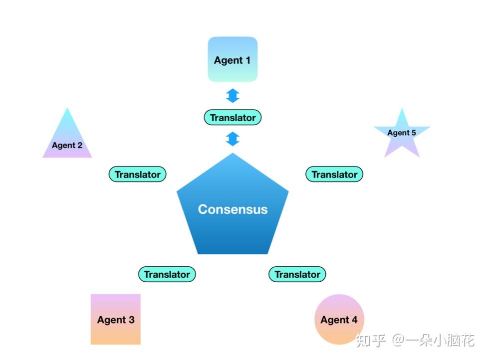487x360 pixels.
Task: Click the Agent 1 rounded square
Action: coord(233,59)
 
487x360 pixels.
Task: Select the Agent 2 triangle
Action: coord(67,140)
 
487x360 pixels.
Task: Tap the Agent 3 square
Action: coord(116,319)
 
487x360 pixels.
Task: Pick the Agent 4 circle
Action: coord(339,319)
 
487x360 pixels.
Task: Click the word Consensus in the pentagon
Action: coord(233,209)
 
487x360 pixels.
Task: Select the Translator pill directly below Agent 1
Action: coord(233,118)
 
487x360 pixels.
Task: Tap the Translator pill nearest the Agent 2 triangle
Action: coord(137,175)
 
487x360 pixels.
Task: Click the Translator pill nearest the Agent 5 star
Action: coord(334,175)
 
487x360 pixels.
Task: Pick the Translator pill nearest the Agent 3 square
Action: coord(167,274)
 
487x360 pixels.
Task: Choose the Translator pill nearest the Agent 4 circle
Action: coord(297,274)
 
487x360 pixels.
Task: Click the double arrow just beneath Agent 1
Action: coord(233,95)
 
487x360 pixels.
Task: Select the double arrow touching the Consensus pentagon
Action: coord(233,139)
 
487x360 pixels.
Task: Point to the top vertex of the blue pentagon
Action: coord(233,154)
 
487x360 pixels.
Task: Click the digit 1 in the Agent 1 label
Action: coord(247,60)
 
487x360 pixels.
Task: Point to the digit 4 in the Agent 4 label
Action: coord(354,320)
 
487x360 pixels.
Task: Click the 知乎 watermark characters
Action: coord(371,341)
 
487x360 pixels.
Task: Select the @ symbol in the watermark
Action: coord(398,341)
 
